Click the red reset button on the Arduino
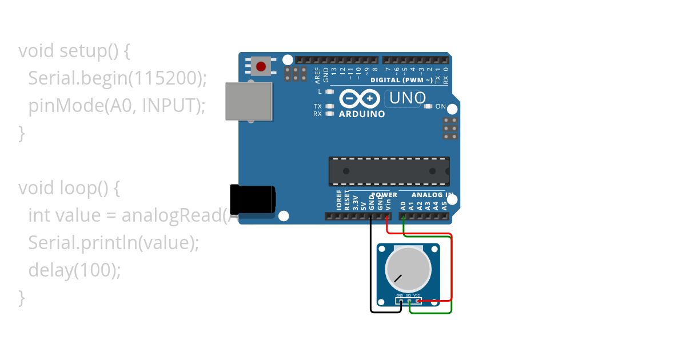coord(261,66)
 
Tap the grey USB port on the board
coord(249,101)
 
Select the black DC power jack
coord(252,199)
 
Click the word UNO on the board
coord(406,98)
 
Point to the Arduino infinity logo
coord(360,99)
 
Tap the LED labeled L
coord(329,91)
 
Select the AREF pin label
coord(318,75)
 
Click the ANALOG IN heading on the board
coord(432,195)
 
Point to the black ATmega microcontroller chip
coord(389,171)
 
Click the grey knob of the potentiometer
coord(408,268)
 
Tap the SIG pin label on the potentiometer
coord(408,295)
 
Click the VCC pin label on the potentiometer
coord(416,295)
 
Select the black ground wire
coord(371,269)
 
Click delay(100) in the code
coord(74,270)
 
